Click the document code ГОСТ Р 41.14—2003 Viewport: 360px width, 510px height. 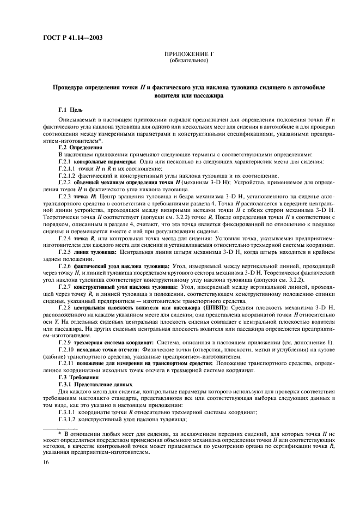(71, 37)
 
